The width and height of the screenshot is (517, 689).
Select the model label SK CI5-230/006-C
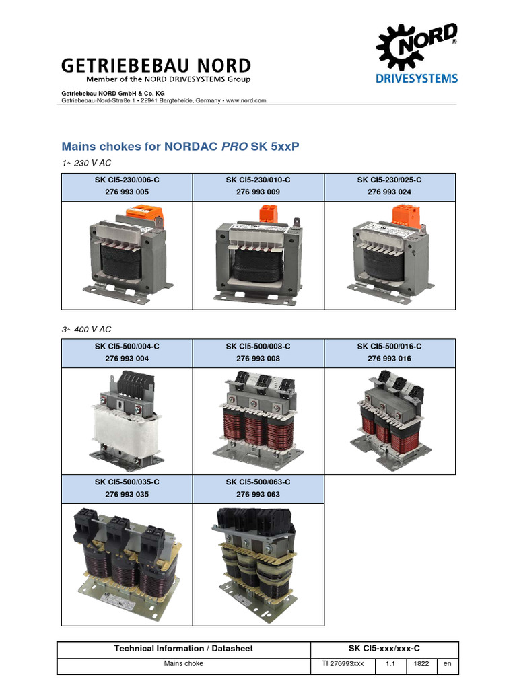[x=127, y=180]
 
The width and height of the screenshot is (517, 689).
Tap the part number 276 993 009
[x=258, y=192]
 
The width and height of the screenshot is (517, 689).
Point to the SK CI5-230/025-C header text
[x=390, y=180]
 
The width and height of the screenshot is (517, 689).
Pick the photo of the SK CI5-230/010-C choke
[x=258, y=256]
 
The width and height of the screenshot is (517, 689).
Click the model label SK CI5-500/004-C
[x=127, y=347]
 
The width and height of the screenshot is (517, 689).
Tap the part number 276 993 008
[x=258, y=359]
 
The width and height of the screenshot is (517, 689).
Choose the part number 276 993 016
[x=390, y=359]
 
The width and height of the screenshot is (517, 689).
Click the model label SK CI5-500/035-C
[x=127, y=482]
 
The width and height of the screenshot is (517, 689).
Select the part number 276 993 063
[x=258, y=495]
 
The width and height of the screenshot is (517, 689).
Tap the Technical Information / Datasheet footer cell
[x=184, y=649]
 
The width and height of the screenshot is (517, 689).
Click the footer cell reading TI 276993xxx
[x=343, y=664]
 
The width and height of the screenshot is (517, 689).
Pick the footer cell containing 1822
[x=422, y=664]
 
